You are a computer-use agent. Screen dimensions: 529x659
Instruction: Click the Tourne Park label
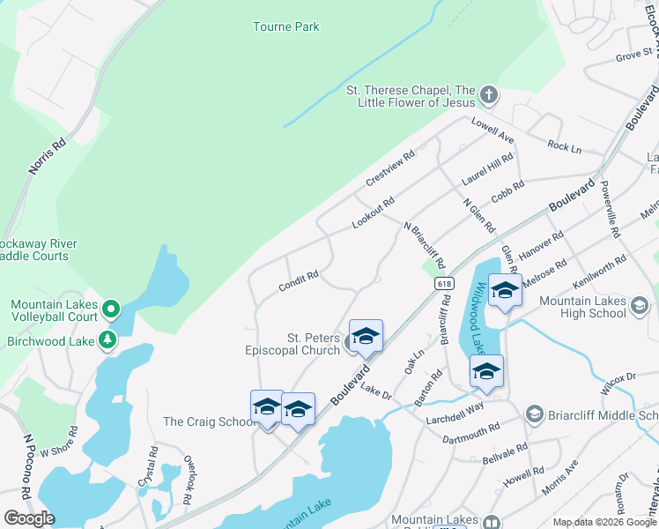click(285, 27)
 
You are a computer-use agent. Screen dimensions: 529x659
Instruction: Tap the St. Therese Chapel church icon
click(489, 93)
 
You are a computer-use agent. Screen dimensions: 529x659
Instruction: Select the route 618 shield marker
click(444, 283)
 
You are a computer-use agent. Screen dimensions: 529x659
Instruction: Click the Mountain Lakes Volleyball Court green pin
click(110, 309)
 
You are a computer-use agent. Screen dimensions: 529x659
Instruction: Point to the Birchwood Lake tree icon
click(107, 339)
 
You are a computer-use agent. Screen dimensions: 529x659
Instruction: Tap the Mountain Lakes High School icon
click(639, 306)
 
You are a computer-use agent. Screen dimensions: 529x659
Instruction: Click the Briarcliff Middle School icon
click(533, 414)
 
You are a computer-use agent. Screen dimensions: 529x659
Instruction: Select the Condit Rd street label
click(298, 280)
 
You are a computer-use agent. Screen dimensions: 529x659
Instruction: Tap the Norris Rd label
click(48, 155)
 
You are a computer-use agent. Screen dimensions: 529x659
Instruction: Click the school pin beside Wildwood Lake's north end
click(504, 291)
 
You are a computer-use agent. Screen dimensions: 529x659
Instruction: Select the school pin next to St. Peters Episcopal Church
click(366, 336)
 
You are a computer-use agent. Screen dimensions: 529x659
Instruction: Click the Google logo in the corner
click(28, 518)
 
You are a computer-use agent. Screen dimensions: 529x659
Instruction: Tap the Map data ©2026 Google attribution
click(604, 522)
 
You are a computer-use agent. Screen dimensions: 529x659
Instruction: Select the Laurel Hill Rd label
click(487, 168)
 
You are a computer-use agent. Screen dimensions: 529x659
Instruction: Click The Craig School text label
click(210, 421)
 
